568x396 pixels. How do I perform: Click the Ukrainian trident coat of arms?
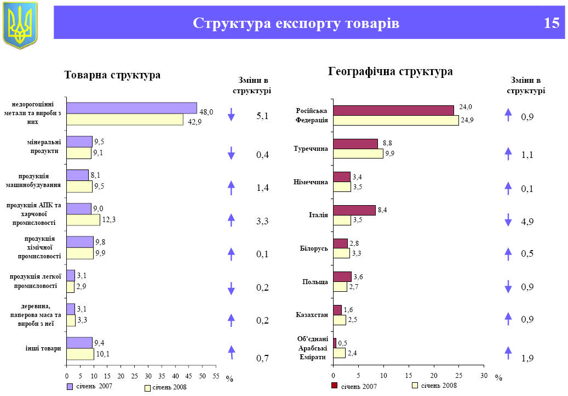pyautogui.click(x=20, y=24)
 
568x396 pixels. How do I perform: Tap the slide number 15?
pyautogui.click(x=552, y=23)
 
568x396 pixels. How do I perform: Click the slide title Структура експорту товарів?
pyautogui.click(x=296, y=23)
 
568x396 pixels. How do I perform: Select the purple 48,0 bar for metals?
pyautogui.click(x=131, y=108)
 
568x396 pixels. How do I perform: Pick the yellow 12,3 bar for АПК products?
pyautogui.click(x=83, y=220)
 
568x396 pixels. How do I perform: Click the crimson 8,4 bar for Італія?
pyautogui.click(x=354, y=210)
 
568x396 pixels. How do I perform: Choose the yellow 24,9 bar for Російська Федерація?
pyautogui.click(x=396, y=121)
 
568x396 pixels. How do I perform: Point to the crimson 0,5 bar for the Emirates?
pyautogui.click(x=335, y=343)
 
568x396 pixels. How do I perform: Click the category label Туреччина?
pyautogui.click(x=311, y=149)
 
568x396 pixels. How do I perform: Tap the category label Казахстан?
pyautogui.click(x=312, y=315)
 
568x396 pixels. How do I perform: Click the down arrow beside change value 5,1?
pyautogui.click(x=231, y=115)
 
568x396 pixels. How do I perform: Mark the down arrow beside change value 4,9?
pyautogui.click(x=508, y=220)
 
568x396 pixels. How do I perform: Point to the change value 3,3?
pyautogui.click(x=262, y=222)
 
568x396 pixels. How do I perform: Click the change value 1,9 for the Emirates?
pyautogui.click(x=527, y=359)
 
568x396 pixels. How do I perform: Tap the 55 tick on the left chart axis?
pyautogui.click(x=216, y=376)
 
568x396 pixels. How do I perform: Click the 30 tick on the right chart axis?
pyautogui.click(x=484, y=376)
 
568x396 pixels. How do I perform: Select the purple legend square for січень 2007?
pyautogui.click(x=70, y=387)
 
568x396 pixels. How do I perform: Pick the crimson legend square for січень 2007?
pyautogui.click(x=335, y=386)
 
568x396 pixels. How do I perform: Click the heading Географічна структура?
pyautogui.click(x=390, y=72)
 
